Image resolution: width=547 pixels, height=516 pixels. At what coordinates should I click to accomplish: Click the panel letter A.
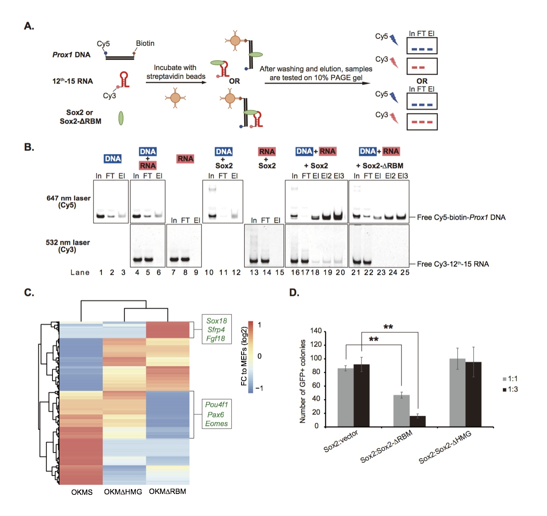[29, 26]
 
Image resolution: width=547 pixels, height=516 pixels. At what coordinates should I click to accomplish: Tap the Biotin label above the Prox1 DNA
[145, 43]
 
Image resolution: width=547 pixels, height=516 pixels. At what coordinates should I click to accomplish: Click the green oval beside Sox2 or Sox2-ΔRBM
[121, 118]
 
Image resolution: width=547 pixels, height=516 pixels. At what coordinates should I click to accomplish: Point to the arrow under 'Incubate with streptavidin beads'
[176, 82]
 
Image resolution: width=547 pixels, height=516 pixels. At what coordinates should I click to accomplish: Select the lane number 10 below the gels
[209, 273]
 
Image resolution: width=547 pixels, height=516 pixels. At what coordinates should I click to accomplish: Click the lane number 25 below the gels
[405, 273]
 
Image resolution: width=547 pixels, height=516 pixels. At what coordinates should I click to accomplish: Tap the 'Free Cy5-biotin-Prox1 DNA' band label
[461, 217]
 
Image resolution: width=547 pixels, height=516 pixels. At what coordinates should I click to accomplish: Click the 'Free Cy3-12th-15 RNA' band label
[453, 264]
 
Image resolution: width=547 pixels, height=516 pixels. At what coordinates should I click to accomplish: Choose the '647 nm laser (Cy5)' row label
[68, 201]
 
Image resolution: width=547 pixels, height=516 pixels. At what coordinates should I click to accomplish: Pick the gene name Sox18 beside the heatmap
[216, 321]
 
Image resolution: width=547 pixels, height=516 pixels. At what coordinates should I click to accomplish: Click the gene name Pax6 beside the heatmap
[216, 415]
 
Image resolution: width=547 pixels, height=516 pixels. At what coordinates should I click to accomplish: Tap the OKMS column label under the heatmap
[82, 492]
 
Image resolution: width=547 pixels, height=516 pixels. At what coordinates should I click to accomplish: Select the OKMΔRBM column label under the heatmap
[167, 491]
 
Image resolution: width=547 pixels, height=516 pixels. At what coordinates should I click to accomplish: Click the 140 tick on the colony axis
[316, 331]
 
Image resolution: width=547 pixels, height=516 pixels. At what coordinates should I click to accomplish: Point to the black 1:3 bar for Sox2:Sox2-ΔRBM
[417, 421]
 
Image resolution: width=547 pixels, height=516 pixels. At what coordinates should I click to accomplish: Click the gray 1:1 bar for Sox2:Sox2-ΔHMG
[457, 392]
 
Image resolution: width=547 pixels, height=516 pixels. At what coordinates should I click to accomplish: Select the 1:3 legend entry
[510, 389]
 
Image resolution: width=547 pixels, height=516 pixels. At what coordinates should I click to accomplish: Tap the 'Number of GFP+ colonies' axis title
[302, 381]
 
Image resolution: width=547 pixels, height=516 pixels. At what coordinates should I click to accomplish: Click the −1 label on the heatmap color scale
[260, 388]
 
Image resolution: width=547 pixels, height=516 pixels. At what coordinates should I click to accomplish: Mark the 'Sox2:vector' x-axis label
[341, 441]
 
